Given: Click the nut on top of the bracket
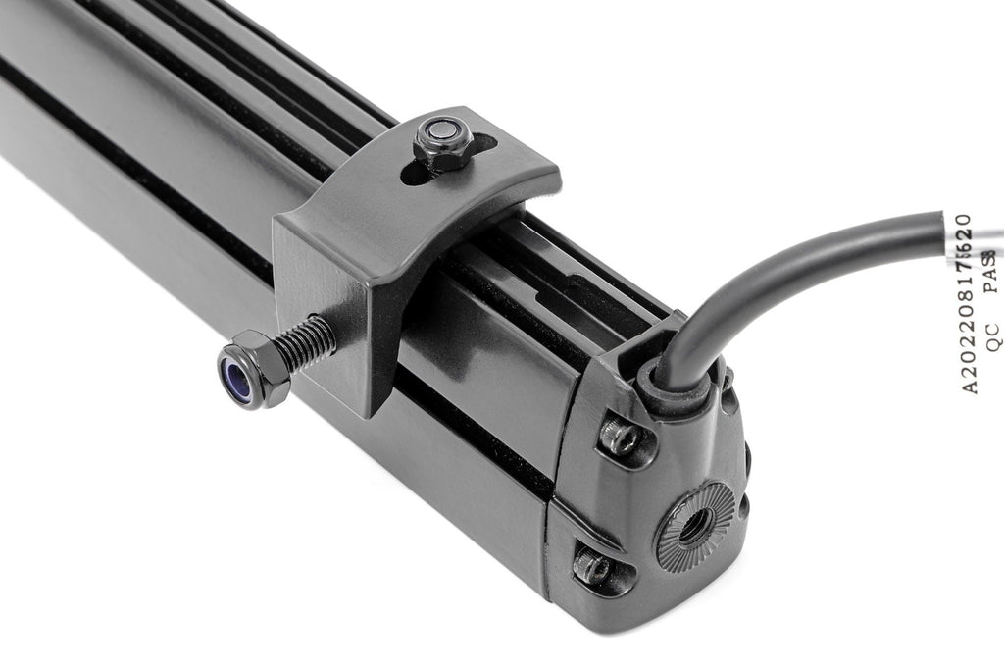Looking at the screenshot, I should (x=441, y=143).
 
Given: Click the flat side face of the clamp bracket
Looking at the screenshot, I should (x=324, y=294).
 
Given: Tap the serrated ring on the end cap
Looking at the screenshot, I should (x=694, y=526).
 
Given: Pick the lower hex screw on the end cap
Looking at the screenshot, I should (x=594, y=567).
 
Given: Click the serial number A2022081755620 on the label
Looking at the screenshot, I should (x=965, y=304).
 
